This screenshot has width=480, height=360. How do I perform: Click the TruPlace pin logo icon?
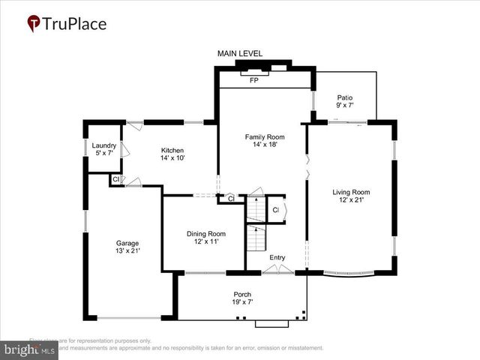tap(33, 24)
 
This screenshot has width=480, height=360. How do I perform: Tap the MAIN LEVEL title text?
tap(240, 53)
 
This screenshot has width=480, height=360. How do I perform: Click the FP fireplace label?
tap(253, 79)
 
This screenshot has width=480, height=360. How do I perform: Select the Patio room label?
tap(344, 97)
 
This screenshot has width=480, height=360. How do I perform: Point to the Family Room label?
tap(265, 136)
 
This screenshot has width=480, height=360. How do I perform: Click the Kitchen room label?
tap(172, 150)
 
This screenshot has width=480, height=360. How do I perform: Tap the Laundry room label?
tap(103, 145)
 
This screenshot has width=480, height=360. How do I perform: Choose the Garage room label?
tap(127, 242)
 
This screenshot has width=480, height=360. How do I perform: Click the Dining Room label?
tap(206, 234)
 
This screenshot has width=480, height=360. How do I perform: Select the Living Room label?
tap(351, 192)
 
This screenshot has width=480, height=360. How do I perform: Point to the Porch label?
tap(241, 294)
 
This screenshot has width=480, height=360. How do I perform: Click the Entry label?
tap(277, 258)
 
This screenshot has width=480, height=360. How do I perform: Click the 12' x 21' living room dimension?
tap(351, 200)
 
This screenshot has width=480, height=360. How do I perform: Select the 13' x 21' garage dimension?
tap(127, 250)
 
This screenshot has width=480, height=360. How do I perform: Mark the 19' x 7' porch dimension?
tap(241, 302)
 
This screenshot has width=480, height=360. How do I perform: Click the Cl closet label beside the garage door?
tap(115, 179)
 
